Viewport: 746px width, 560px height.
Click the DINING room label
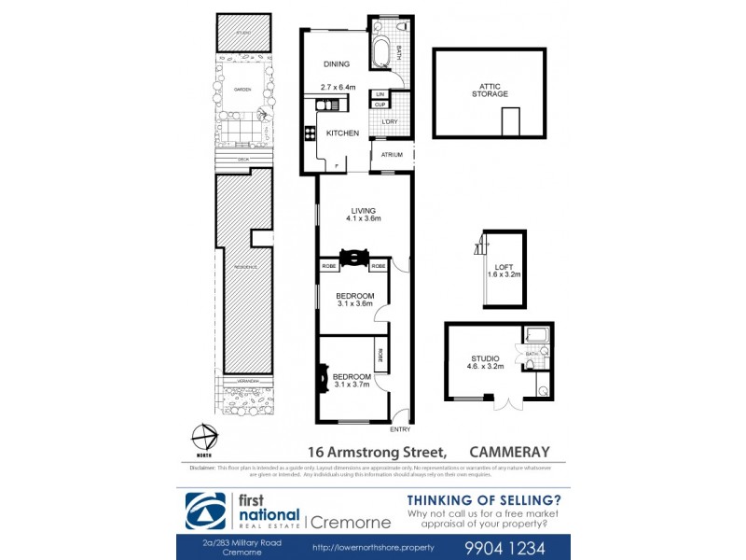(336, 64)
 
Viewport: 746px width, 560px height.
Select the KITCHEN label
(341, 133)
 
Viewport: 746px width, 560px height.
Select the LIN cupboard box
(380, 95)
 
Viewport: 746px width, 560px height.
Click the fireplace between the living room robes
(353, 257)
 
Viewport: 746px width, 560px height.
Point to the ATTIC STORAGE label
(488, 90)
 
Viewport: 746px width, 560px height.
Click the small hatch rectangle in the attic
(510, 122)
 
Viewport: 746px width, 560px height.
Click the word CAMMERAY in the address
(510, 451)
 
